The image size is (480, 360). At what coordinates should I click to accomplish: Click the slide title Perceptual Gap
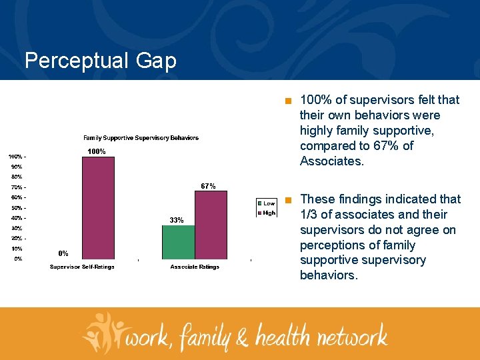(x=101, y=61)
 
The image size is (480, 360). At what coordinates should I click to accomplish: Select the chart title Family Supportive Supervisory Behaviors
(x=141, y=138)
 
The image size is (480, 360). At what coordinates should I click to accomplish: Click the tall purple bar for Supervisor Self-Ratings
(x=98, y=207)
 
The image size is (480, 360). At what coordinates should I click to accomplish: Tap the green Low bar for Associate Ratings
(x=178, y=242)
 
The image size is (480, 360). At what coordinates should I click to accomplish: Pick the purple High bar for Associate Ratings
(x=211, y=225)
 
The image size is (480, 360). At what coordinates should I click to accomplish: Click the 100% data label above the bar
(x=97, y=151)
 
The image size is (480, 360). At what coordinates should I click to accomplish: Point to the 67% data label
(x=208, y=186)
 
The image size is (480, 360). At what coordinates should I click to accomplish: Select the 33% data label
(x=177, y=220)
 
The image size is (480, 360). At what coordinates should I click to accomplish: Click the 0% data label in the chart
(x=63, y=253)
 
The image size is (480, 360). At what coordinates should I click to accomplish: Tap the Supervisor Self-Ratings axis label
(x=82, y=267)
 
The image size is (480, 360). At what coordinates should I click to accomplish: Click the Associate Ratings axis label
(x=195, y=267)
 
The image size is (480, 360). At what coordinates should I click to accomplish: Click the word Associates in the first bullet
(x=331, y=161)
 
